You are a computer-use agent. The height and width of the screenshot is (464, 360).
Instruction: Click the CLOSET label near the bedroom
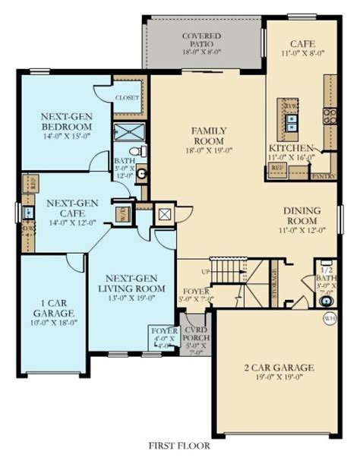coord(126,98)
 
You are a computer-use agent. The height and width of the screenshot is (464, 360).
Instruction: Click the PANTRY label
coord(323,176)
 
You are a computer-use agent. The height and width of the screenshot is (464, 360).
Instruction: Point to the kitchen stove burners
coord(330,115)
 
